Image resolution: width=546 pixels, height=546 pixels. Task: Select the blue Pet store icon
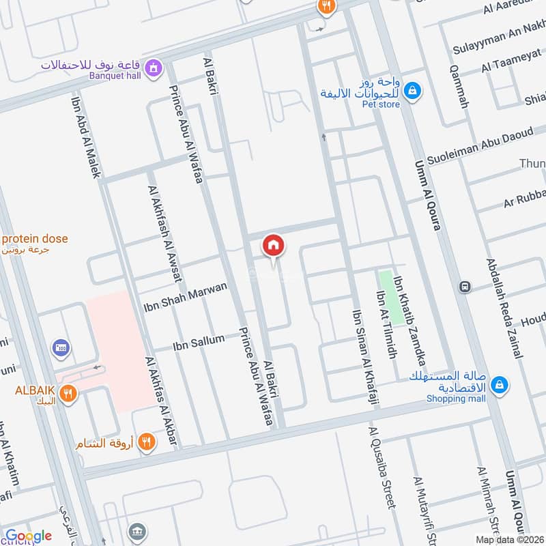click(x=412, y=89)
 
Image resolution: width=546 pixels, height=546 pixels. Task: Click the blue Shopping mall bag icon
click(x=500, y=385)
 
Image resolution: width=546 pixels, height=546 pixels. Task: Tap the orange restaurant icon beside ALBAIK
click(x=67, y=392)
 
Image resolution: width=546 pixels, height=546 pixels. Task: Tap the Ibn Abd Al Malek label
click(x=86, y=136)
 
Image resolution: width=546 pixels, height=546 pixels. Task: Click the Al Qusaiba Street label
click(x=382, y=468)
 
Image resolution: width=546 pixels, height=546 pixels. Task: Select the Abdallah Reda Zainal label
click(x=504, y=308)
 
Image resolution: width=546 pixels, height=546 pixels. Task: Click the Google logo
click(x=29, y=536)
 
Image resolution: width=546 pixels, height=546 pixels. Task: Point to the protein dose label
click(x=34, y=239)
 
